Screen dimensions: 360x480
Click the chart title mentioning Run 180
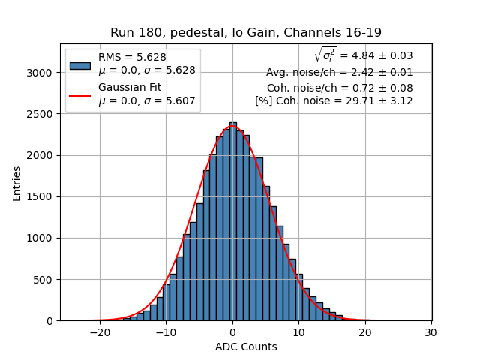[x=245, y=33]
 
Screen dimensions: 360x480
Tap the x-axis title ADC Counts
[x=245, y=346]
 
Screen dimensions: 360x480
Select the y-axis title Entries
[x=17, y=182]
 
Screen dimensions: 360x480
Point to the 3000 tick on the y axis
[x=42, y=73]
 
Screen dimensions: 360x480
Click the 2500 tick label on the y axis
[x=42, y=114]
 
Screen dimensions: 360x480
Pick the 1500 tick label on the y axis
[x=42, y=196]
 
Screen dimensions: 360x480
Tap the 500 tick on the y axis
[x=45, y=280]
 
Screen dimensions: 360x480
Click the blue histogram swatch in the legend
[x=79, y=64]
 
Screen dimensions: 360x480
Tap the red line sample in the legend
[x=79, y=95]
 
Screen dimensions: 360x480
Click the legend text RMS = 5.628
[x=132, y=57]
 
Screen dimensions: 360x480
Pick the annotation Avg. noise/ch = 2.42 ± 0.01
[x=339, y=73]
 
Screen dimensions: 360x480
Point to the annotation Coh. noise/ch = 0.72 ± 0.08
[x=340, y=87]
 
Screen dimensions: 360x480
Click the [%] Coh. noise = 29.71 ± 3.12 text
[x=334, y=100]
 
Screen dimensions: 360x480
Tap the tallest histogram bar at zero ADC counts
[x=232, y=225]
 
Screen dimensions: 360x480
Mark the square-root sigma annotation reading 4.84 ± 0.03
[x=363, y=55]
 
